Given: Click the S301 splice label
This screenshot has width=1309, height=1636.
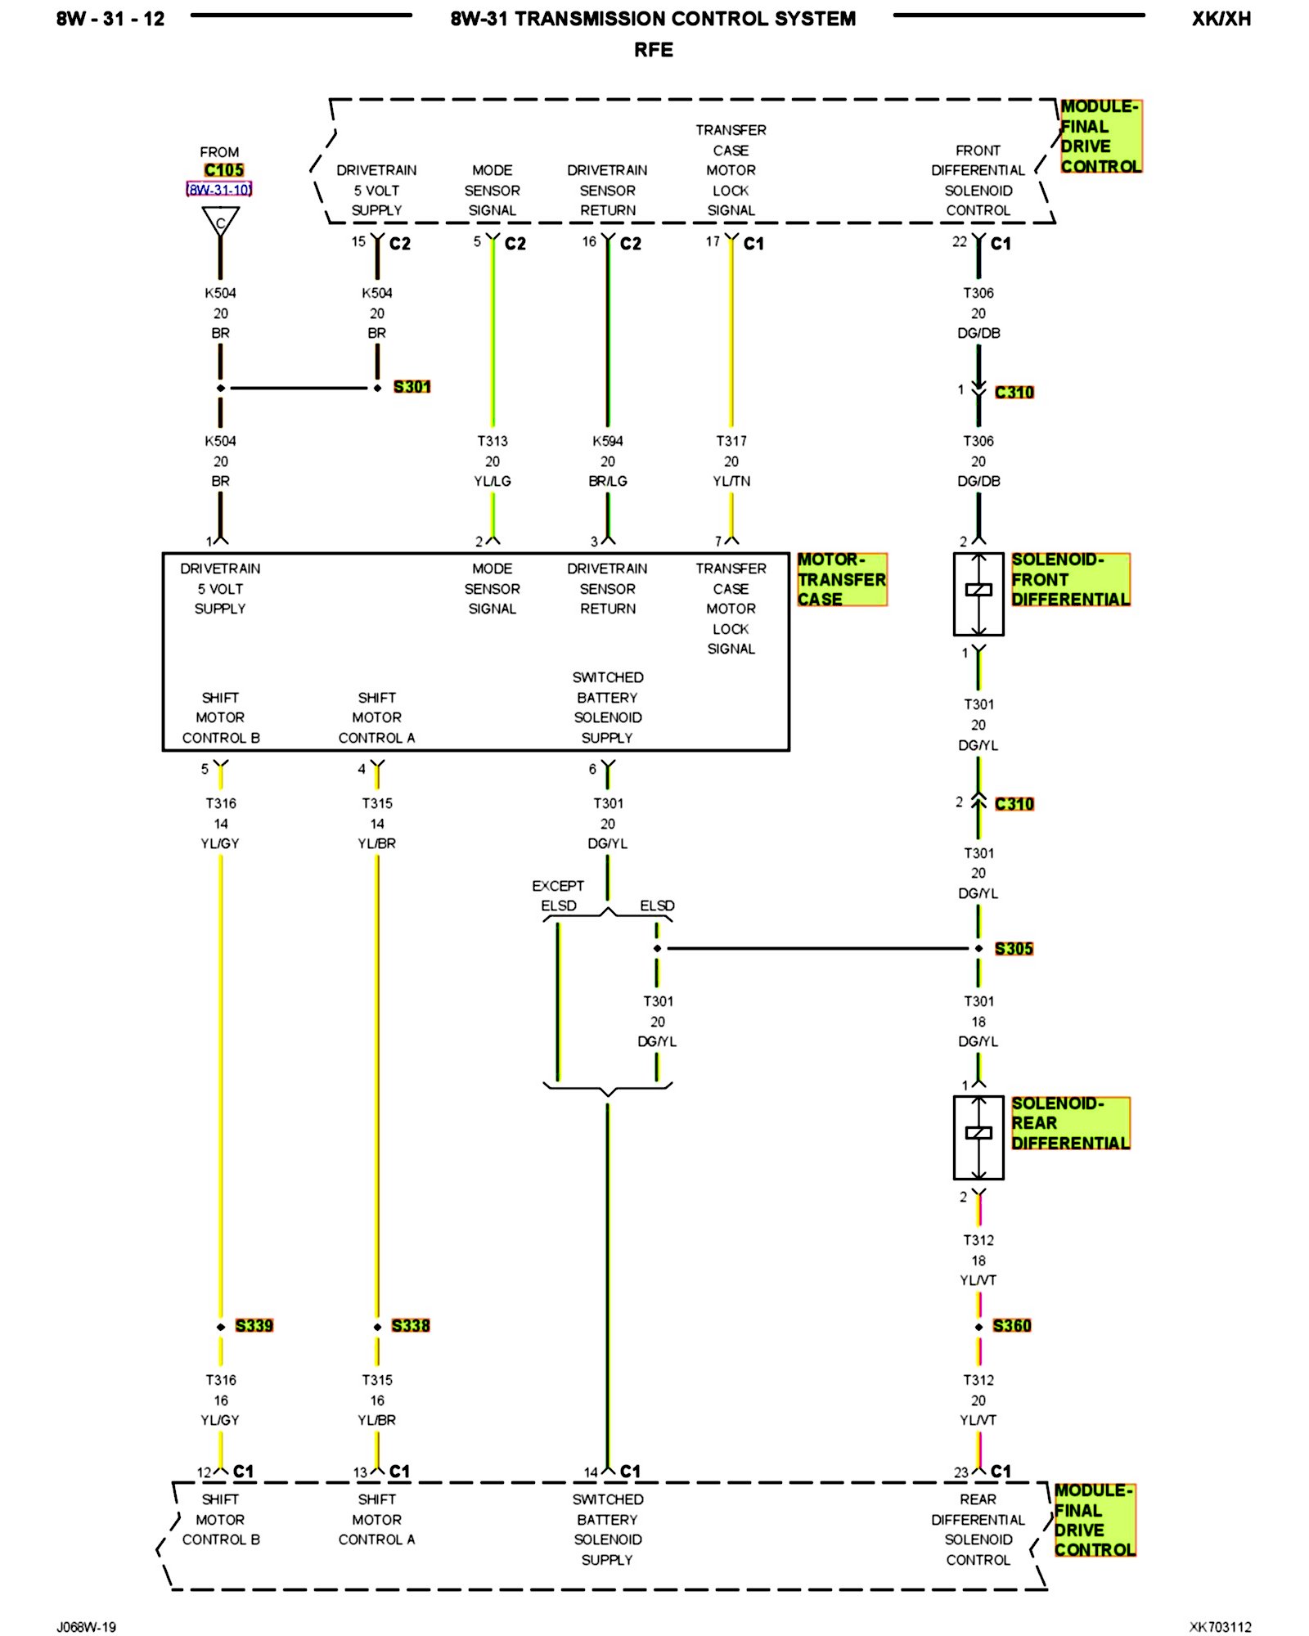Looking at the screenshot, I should [x=412, y=387].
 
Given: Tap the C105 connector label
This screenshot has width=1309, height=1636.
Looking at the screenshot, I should [x=223, y=170].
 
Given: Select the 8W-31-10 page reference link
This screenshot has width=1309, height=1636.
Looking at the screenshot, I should [x=219, y=190].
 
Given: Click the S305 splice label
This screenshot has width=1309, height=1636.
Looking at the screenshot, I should [x=1014, y=949].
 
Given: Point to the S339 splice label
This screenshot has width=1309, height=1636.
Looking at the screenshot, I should [x=254, y=1326].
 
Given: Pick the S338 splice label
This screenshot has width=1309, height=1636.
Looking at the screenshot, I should [x=410, y=1326].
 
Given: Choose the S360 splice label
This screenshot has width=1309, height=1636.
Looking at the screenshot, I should [x=1012, y=1326].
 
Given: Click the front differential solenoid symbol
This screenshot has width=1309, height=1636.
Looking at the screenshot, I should [x=978, y=594].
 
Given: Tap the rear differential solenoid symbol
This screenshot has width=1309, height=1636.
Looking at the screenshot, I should [x=978, y=1137].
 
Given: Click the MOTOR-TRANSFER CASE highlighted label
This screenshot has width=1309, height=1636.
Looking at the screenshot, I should [x=841, y=579].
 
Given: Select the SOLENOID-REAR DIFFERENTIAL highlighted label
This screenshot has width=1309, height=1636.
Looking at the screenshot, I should [x=1069, y=1123].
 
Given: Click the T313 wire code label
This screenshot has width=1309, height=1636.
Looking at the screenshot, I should [x=493, y=441].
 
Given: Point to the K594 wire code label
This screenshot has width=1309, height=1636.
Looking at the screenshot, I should [x=608, y=441].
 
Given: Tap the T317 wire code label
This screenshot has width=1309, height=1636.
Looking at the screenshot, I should [x=731, y=441].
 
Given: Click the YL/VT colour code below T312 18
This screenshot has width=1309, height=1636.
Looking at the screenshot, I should [x=978, y=1280].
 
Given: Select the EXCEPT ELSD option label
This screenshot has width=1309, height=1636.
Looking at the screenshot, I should [x=558, y=896].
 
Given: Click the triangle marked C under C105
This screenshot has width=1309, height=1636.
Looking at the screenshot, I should [x=220, y=222].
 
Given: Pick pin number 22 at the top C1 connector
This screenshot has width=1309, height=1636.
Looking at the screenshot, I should [x=960, y=242].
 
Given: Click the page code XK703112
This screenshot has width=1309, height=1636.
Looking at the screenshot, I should [x=1220, y=1627].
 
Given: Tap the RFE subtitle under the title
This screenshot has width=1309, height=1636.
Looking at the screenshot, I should [x=653, y=50].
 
